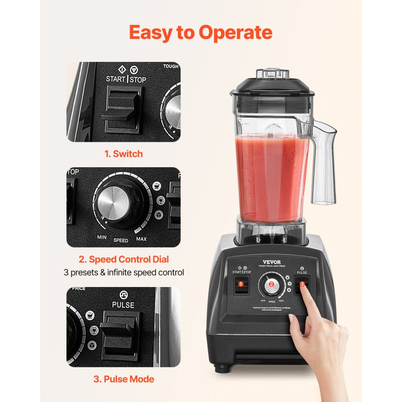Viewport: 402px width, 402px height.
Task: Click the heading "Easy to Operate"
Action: pyautogui.click(x=201, y=33)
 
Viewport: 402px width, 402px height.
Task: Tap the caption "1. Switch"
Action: pyautogui.click(x=124, y=154)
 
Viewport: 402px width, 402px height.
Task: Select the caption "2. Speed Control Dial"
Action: pyautogui.click(x=123, y=259)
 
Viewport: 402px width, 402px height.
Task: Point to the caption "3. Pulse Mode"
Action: pyautogui.click(x=124, y=379)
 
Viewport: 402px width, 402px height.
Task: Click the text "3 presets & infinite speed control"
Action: pyautogui.click(x=124, y=272)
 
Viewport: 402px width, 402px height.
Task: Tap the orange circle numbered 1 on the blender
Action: pyautogui.click(x=241, y=284)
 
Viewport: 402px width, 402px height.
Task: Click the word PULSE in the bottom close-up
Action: pyautogui.click(x=123, y=305)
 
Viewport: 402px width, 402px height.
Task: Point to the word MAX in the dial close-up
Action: pyautogui.click(x=141, y=239)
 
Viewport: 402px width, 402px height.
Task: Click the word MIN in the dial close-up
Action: pyautogui.click(x=102, y=237)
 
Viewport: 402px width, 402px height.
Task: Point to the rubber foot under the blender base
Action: pyautogui.click(x=219, y=367)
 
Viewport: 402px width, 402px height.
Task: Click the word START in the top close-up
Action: pyautogui.click(x=116, y=79)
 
